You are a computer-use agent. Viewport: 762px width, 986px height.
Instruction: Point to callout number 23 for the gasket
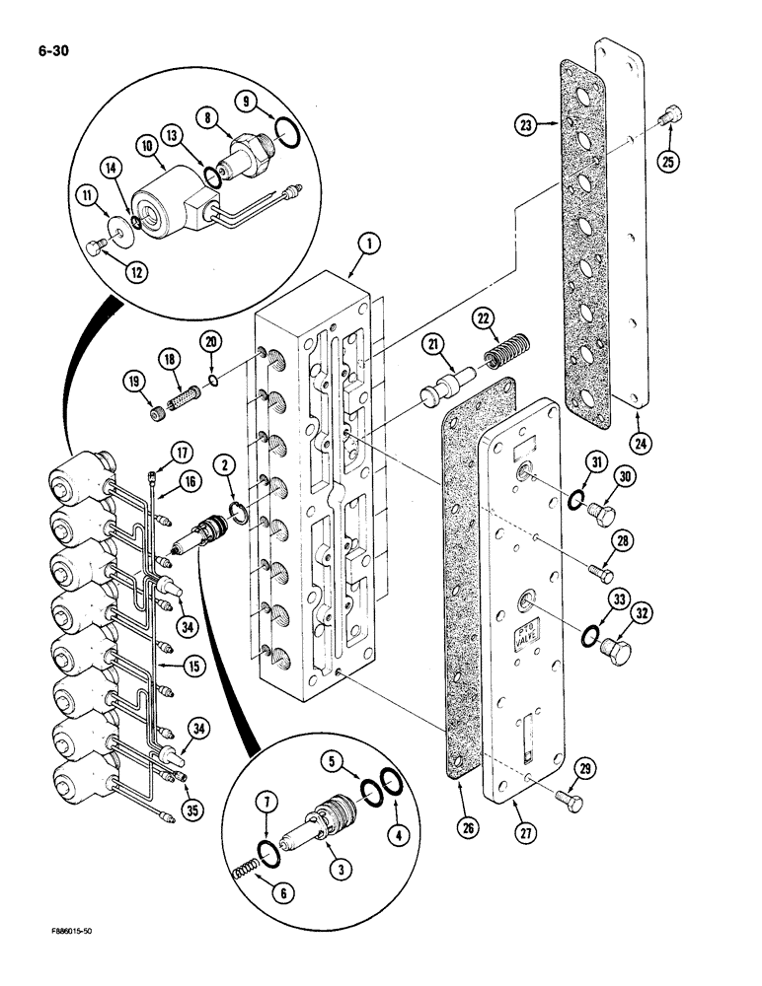click(526, 124)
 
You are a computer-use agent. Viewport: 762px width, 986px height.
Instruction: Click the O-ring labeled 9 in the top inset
click(282, 127)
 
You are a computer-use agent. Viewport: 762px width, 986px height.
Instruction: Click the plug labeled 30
click(603, 512)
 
